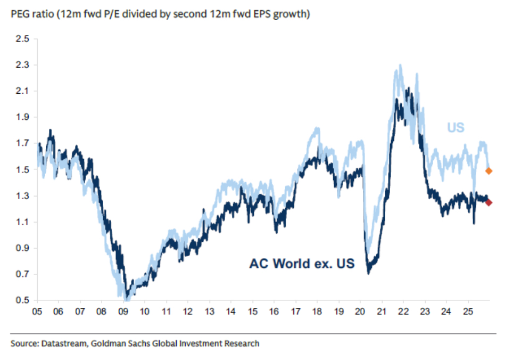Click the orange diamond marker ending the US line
489,171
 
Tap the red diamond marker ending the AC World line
489,202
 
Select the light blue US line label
455,128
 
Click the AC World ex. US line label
302,263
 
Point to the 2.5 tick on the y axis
22,39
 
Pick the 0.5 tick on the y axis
22,300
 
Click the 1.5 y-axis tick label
22,170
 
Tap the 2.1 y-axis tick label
22,91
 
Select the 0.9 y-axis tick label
22,248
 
